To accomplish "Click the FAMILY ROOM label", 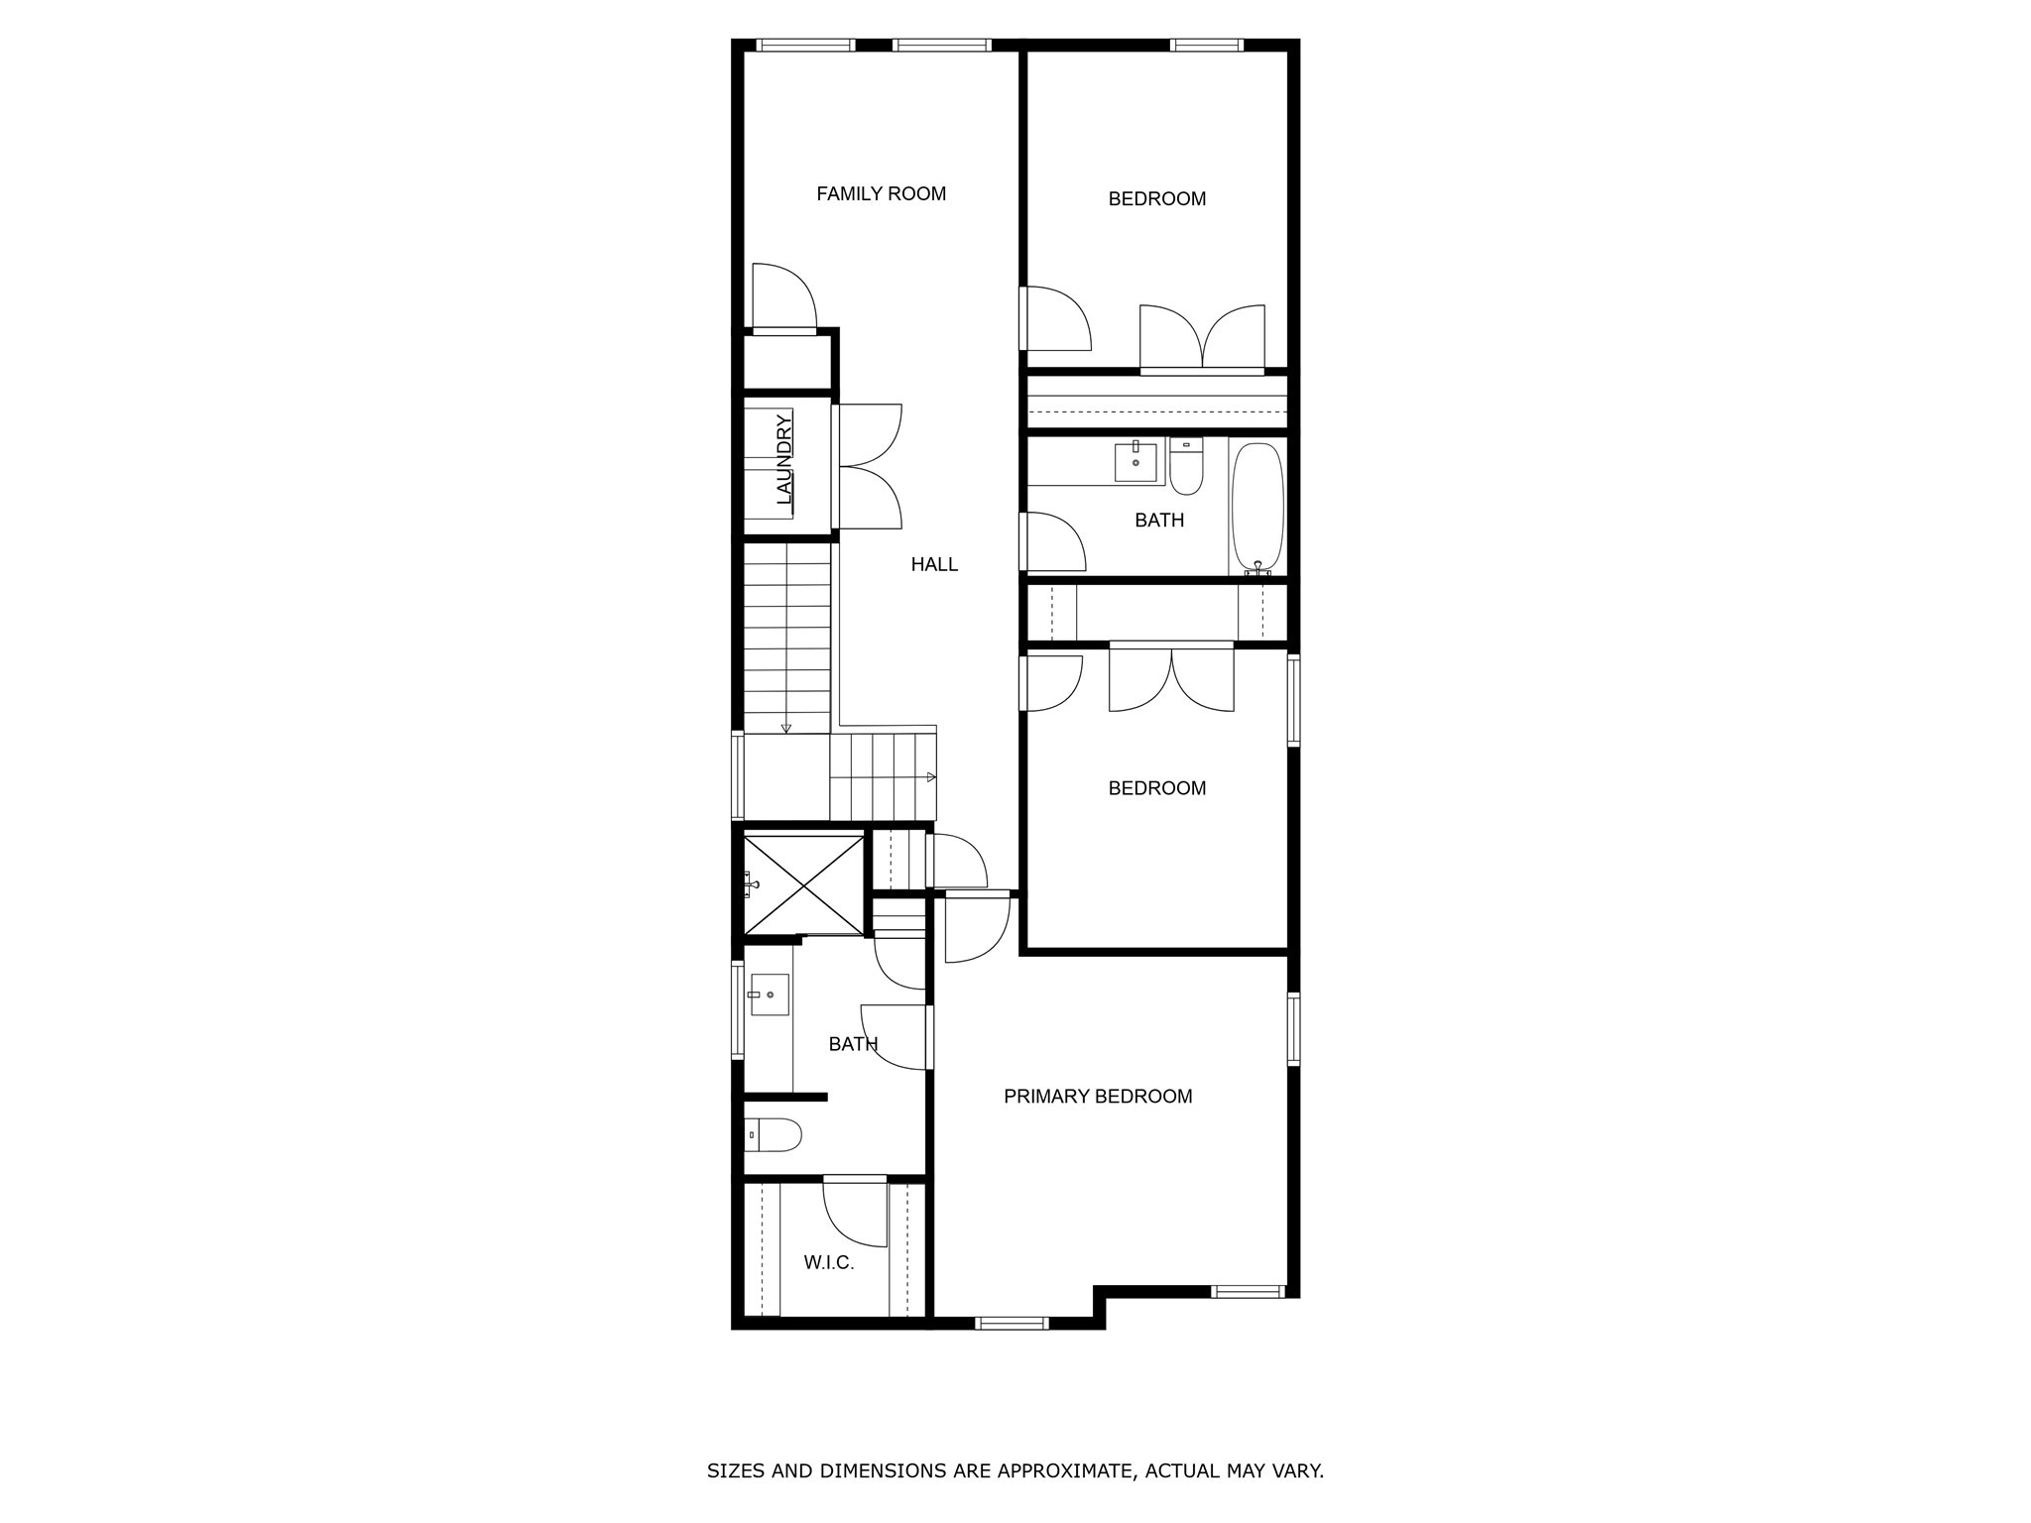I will click(x=881, y=194).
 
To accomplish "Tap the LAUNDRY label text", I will click(x=784, y=459).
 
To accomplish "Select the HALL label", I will click(x=934, y=565).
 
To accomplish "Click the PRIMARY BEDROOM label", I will click(x=1098, y=1097).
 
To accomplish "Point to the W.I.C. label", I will click(x=828, y=1263).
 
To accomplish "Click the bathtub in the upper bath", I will click(x=1257, y=507).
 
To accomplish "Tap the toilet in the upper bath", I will click(x=1186, y=468).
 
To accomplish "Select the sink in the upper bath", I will click(x=1135, y=461).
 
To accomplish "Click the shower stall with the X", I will click(x=803, y=884).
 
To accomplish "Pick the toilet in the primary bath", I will click(x=774, y=1134).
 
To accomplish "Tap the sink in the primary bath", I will click(x=769, y=995).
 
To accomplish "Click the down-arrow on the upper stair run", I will click(x=786, y=729).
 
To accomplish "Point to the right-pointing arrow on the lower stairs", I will click(x=931, y=776).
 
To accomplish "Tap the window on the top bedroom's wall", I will click(x=1206, y=45).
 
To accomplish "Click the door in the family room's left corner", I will click(x=783, y=297).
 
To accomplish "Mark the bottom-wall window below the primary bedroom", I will click(x=1012, y=1323).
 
